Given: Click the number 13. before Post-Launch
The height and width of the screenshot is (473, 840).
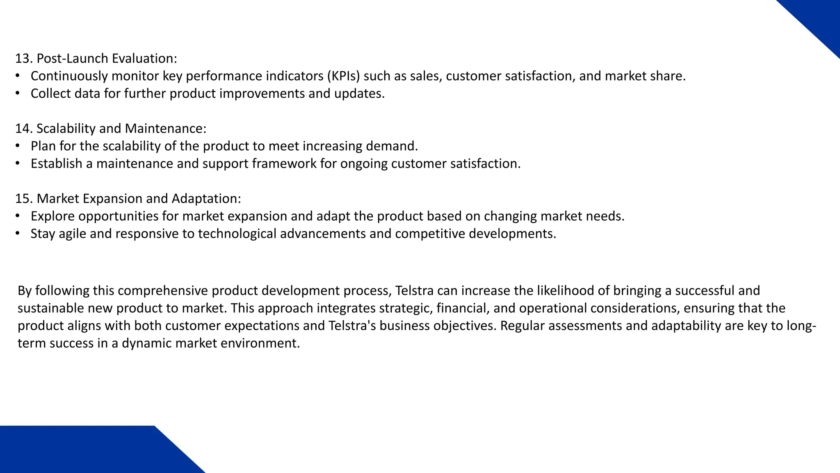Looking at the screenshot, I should pos(24,59).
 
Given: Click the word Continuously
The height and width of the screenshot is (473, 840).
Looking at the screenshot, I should pos(69,76).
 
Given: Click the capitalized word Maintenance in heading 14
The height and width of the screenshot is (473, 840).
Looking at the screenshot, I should pos(165,129).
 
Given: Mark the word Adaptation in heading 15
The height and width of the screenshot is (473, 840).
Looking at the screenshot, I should pos(206,199).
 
